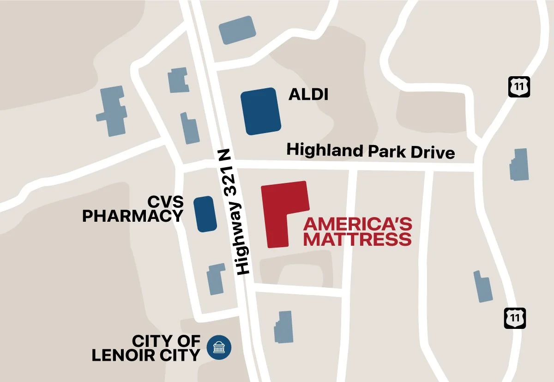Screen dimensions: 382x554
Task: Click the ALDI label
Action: [308, 95]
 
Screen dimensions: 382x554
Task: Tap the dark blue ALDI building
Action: [260, 111]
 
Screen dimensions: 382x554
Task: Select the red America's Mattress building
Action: [279, 208]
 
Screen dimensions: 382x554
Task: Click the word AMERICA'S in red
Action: [357, 225]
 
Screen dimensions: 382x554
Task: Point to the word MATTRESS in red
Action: [357, 239]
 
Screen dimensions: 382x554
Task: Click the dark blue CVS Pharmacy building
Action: [205, 213]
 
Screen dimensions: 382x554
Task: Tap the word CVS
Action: [165, 202]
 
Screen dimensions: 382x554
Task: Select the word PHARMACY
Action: [132, 216]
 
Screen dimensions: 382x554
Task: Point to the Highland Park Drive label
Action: [371, 152]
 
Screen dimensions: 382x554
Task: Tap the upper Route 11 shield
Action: [519, 87]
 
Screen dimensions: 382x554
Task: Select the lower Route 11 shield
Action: [515, 319]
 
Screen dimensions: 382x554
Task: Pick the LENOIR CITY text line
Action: [146, 355]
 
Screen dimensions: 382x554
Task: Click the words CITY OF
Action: [166, 341]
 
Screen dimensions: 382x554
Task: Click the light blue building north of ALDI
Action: [237, 30]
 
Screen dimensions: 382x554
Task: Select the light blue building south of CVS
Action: [216, 279]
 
